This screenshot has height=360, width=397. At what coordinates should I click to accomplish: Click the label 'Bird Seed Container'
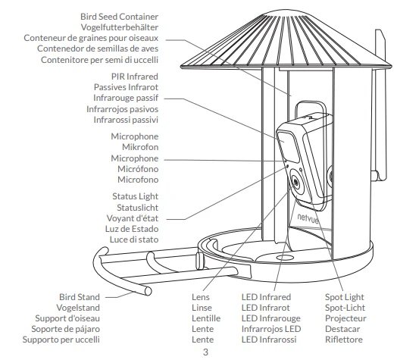(x=119, y=17)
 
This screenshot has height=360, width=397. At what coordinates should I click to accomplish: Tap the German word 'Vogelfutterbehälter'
(x=120, y=27)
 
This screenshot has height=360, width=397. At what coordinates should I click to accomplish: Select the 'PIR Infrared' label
(x=135, y=77)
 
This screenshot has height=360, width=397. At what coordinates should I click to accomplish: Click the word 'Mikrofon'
(x=140, y=147)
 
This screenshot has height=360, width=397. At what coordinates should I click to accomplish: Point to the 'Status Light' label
(x=135, y=196)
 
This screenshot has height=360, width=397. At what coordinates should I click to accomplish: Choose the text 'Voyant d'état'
(x=133, y=218)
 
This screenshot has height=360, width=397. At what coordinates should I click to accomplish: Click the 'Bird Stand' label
(x=80, y=297)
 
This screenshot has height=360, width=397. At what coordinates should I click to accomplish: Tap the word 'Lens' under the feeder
(x=201, y=297)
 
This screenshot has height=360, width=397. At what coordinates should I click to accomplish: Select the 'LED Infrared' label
(x=266, y=297)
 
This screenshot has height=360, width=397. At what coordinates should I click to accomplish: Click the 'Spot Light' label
(x=344, y=297)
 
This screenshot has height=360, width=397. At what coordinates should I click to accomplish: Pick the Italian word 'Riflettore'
(x=344, y=340)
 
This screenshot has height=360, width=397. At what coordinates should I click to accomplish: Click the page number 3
(x=205, y=352)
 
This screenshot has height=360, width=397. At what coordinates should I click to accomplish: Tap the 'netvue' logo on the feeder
(x=308, y=218)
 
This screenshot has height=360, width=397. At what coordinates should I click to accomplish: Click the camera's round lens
(x=295, y=181)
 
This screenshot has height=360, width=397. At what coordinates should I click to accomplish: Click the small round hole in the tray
(x=285, y=258)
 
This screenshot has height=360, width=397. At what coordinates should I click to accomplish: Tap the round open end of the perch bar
(x=148, y=291)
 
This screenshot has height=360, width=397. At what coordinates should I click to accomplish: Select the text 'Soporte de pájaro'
(x=66, y=329)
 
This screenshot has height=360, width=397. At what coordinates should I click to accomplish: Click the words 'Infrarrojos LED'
(x=271, y=329)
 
